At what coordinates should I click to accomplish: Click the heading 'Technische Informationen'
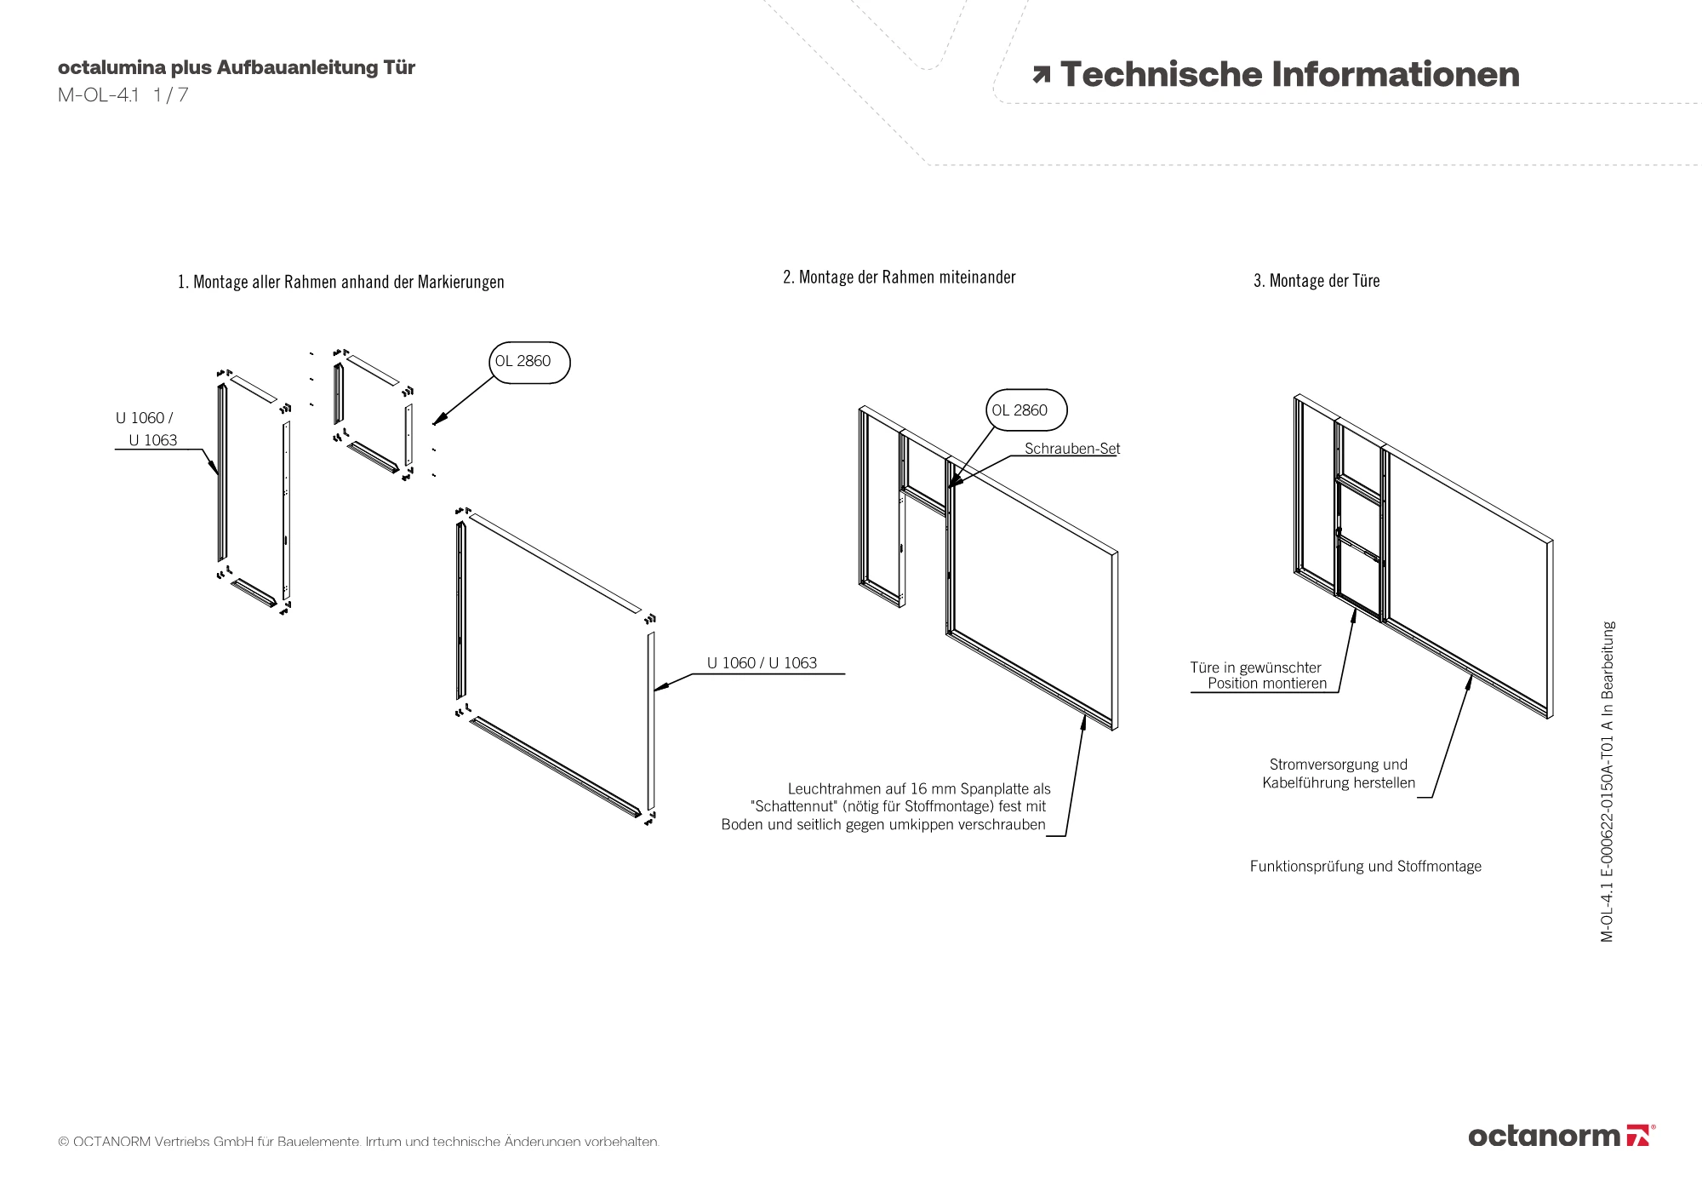click(x=1289, y=75)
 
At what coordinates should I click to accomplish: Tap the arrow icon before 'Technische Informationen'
click(x=1041, y=75)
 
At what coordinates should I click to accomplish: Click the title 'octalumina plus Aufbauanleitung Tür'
click(x=237, y=68)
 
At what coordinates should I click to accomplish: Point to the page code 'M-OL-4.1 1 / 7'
click(x=123, y=95)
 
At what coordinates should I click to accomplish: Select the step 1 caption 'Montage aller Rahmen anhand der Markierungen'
click(x=349, y=282)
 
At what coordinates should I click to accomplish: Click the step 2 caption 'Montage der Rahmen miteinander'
click(x=907, y=278)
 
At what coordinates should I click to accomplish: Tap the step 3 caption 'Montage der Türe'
click(x=1324, y=281)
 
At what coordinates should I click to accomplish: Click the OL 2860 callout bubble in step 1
click(x=529, y=362)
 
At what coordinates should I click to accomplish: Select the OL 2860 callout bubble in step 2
click(x=1026, y=410)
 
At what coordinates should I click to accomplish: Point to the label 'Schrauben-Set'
click(x=1072, y=449)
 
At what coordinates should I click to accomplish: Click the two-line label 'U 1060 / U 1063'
click(x=146, y=429)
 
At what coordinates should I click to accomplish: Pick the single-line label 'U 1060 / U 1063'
click(x=762, y=663)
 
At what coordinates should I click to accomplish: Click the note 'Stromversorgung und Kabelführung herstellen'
click(x=1339, y=774)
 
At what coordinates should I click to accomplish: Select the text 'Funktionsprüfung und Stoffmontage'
click(x=1366, y=867)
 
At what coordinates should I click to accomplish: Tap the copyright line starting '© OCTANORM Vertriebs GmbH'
click(x=359, y=1142)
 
